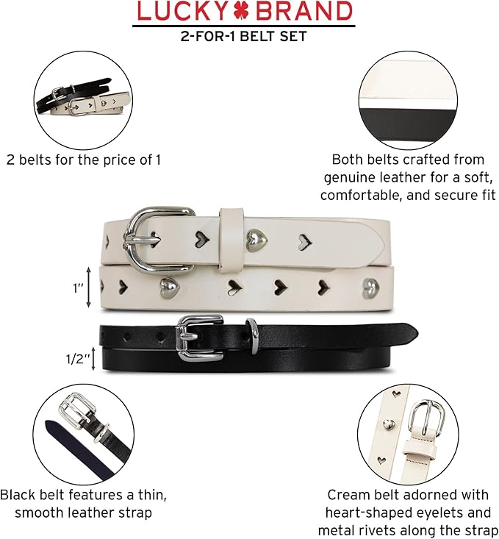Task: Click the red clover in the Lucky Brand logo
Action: click(242, 10)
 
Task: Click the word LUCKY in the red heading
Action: click(183, 10)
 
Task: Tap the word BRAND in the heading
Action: click(304, 10)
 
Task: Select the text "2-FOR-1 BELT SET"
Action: click(244, 36)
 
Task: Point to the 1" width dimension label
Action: click(78, 288)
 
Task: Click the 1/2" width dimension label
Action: click(78, 359)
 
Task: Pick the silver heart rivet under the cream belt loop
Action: click(256, 239)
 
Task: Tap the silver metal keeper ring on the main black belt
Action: click(254, 335)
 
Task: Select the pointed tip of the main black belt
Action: click(417, 333)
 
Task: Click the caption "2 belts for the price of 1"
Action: click(84, 160)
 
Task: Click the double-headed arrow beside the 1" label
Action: click(88, 288)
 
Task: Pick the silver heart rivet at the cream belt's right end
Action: click(372, 288)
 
